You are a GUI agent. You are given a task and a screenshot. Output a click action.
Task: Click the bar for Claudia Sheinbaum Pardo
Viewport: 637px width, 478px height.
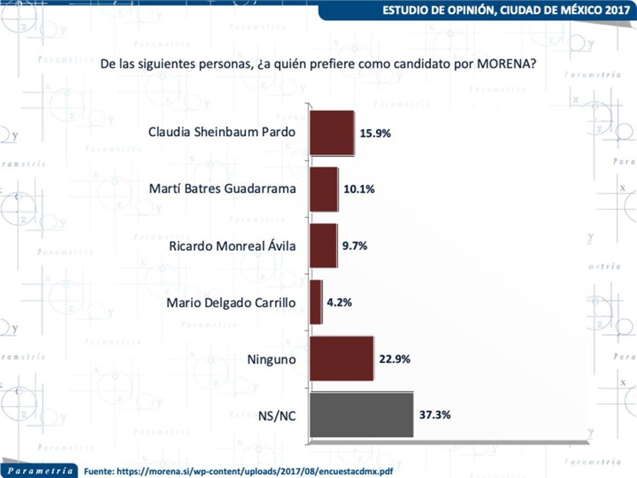332,133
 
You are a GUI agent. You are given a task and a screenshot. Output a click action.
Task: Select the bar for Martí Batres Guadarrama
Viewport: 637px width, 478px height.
323,189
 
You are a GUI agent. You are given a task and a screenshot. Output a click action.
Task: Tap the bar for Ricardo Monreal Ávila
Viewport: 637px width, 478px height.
323,245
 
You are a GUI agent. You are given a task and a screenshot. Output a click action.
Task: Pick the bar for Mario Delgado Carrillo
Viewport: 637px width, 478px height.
315,302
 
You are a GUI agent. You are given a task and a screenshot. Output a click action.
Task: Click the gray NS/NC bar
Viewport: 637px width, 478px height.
361,415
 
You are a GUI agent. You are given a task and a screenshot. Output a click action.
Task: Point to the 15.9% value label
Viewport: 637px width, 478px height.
376,133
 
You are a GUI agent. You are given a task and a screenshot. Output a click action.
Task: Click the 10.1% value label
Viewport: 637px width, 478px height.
359,190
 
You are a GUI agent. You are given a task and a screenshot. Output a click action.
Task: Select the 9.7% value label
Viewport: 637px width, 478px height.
355,246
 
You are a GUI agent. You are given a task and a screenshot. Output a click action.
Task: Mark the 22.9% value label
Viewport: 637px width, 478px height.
394,359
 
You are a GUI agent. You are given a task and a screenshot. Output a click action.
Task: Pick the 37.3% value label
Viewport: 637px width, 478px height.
435,415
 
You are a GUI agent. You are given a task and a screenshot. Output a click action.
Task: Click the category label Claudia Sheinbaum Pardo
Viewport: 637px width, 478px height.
221,132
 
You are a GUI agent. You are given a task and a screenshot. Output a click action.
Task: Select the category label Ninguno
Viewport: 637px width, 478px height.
271,360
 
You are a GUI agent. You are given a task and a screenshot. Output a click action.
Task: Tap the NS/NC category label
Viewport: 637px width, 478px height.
278,416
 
